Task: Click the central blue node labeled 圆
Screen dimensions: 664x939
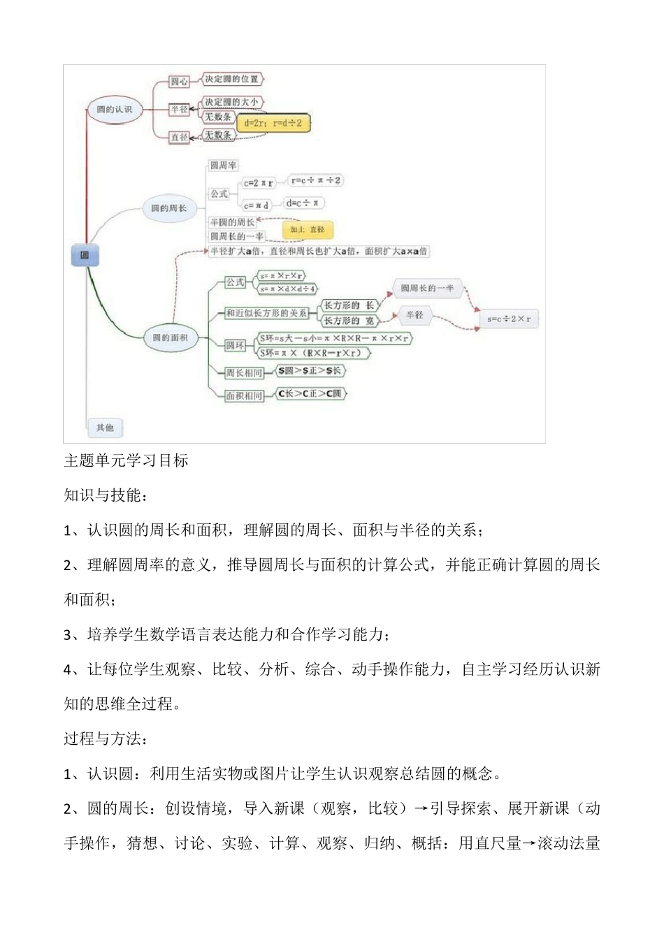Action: [85, 256]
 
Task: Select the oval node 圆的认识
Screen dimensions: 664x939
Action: [114, 110]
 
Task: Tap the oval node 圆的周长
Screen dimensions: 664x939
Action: [168, 208]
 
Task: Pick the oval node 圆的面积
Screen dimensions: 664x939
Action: [170, 337]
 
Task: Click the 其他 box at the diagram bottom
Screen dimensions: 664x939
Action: [105, 427]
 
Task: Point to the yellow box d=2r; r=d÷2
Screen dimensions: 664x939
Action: [273, 123]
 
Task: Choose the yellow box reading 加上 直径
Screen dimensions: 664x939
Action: [308, 229]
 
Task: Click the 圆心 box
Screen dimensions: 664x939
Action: [180, 82]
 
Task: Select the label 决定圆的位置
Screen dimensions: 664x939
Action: [232, 79]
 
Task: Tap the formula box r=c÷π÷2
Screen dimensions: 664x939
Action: [315, 180]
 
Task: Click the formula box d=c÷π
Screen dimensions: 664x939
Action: [303, 203]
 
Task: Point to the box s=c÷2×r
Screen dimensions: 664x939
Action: [509, 319]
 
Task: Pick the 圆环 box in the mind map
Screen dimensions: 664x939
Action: [236, 345]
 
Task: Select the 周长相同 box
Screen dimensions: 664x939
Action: [243, 372]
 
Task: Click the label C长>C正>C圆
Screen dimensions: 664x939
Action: [310, 394]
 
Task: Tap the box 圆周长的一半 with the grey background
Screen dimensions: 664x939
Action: [427, 288]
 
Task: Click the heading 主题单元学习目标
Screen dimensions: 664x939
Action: [126, 460]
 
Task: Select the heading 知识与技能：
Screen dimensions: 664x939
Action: [106, 495]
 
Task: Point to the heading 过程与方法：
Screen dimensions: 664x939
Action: [106, 738]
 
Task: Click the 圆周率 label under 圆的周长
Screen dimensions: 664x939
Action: [224, 166]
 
